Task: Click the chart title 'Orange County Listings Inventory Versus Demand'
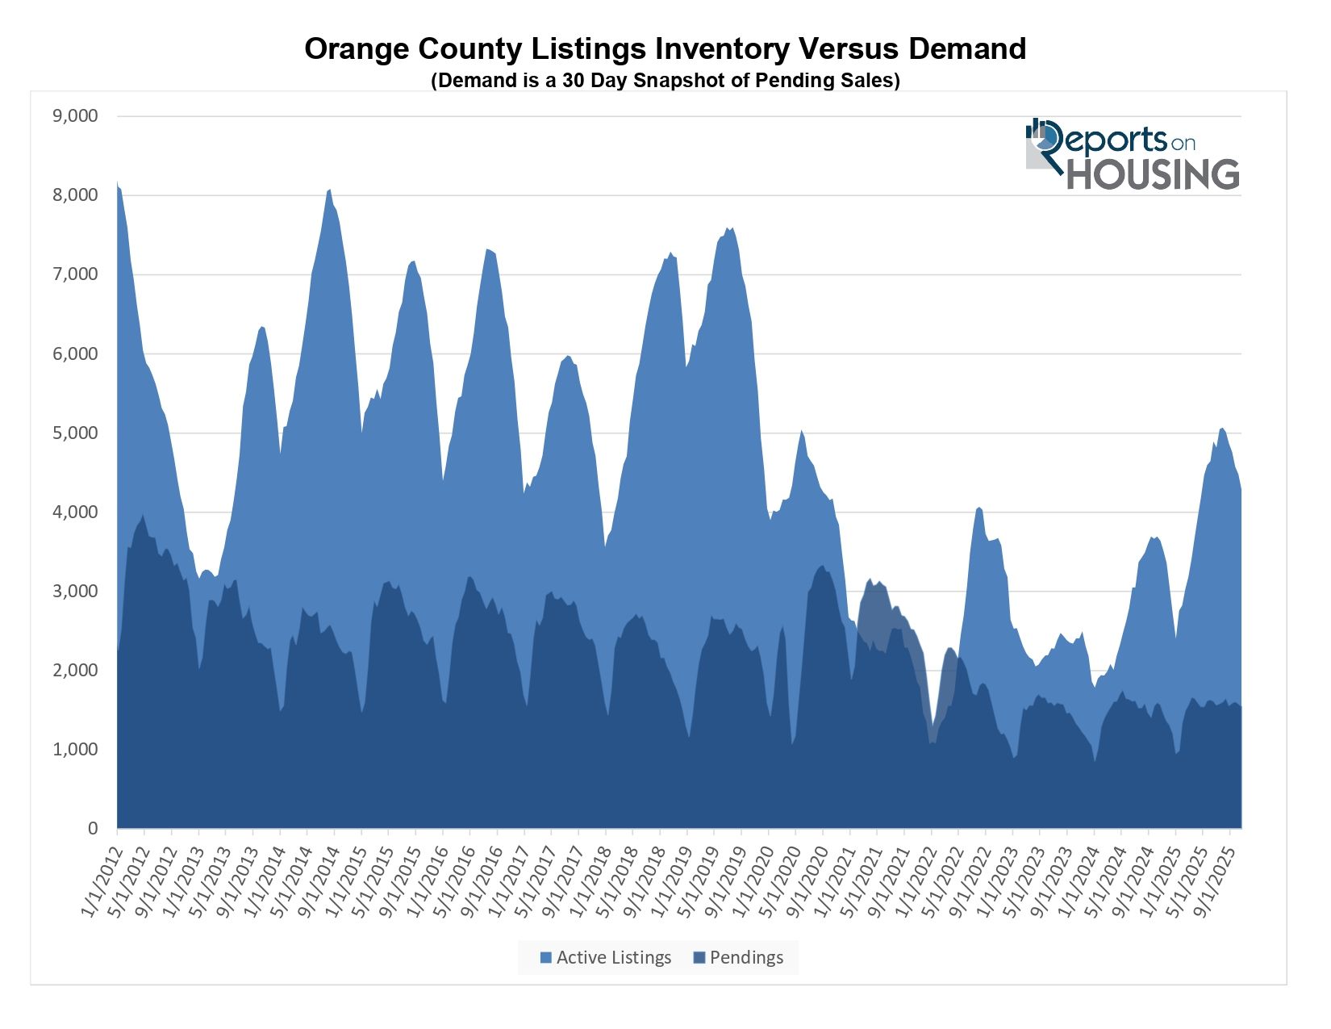coord(665,49)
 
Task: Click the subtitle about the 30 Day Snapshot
coord(665,81)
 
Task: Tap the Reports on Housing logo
coord(1132,154)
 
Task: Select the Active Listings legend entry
coord(605,958)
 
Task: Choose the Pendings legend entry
coord(738,958)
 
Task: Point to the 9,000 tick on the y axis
coord(75,116)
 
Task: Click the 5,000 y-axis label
coord(75,433)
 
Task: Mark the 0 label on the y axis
coord(93,829)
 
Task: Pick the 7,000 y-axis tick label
coord(75,274)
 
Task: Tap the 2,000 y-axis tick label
coord(75,671)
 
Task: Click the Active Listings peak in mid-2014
coord(329,190)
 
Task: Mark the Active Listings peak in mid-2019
coord(729,229)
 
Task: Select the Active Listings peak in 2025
coord(1222,429)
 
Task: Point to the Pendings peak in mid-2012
coord(143,516)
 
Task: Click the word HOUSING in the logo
coord(1153,175)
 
